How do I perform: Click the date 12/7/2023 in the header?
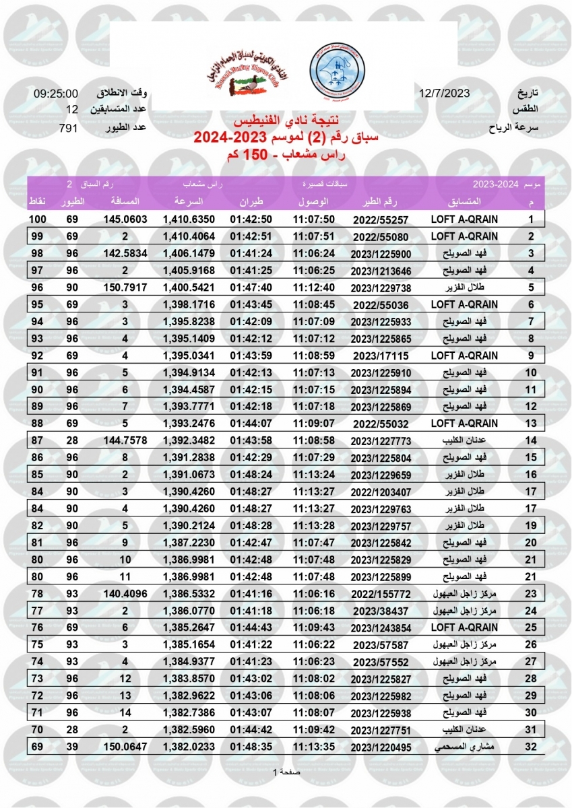tap(444, 94)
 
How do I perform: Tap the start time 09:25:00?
tap(56, 94)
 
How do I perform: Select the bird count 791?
tap(68, 127)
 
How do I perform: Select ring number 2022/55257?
tap(380, 220)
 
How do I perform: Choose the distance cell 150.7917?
tap(124, 288)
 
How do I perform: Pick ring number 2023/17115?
tap(380, 356)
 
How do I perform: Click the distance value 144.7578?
tap(124, 440)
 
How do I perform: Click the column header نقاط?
tap(36, 201)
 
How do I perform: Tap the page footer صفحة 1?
tap(286, 772)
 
